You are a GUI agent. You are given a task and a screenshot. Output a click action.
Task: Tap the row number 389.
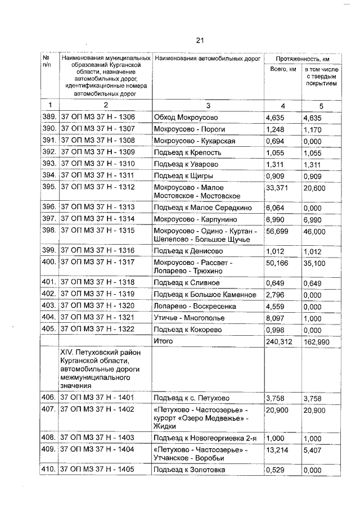point(49,118)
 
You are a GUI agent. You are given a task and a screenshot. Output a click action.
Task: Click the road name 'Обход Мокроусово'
point(186,118)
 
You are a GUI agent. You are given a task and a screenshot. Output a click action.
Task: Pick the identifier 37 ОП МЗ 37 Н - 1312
point(98,187)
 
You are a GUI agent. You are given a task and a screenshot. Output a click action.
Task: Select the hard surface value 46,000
point(314,231)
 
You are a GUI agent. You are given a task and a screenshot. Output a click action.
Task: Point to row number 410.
point(49,470)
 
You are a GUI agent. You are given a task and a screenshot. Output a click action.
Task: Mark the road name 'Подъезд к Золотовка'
point(190,470)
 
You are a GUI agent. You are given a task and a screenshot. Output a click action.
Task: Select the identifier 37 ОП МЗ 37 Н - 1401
point(98,398)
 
